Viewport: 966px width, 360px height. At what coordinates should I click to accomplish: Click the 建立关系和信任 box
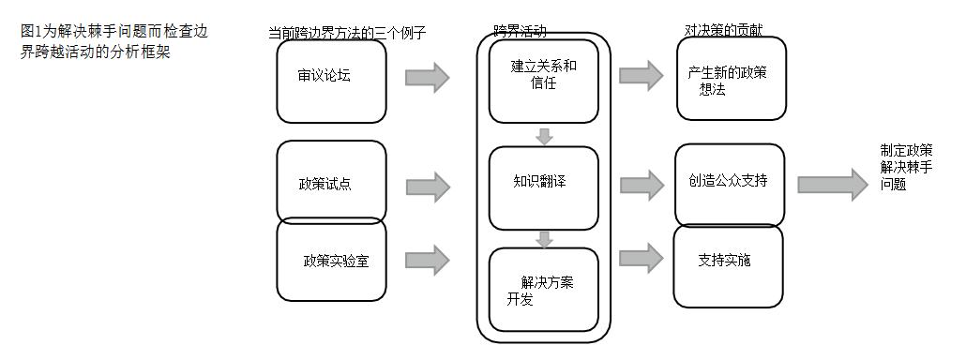click(543, 81)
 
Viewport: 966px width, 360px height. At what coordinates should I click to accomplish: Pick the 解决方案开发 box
click(543, 289)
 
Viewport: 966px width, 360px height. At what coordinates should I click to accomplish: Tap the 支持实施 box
click(728, 265)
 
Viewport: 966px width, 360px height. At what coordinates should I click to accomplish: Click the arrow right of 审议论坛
click(428, 77)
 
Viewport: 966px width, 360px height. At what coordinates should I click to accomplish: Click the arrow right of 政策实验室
click(428, 260)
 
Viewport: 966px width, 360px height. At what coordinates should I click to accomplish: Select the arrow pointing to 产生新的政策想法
click(641, 75)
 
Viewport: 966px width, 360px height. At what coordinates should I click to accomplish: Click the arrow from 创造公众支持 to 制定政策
click(832, 184)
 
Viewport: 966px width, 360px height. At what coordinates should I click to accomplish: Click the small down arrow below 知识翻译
click(544, 239)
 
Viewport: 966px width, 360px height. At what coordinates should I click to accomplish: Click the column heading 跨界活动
click(521, 31)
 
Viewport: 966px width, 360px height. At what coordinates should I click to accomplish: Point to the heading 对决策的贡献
click(723, 30)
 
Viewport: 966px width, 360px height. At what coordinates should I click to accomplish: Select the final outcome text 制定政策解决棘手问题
click(906, 167)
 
